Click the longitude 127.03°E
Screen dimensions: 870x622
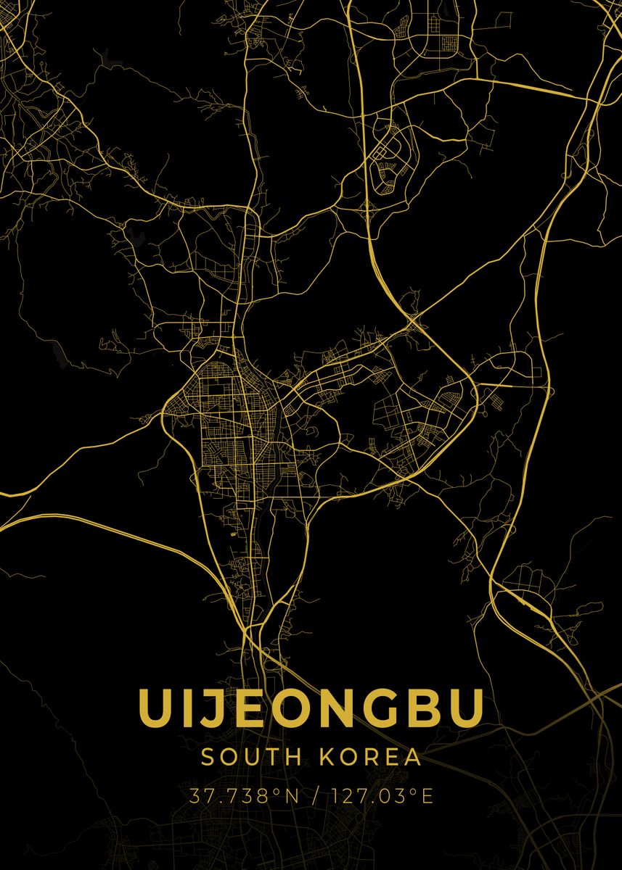click(x=382, y=796)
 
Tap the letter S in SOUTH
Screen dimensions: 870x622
click(x=208, y=757)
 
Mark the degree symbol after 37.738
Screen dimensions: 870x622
click(x=277, y=791)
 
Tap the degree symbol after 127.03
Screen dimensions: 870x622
click(x=414, y=791)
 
